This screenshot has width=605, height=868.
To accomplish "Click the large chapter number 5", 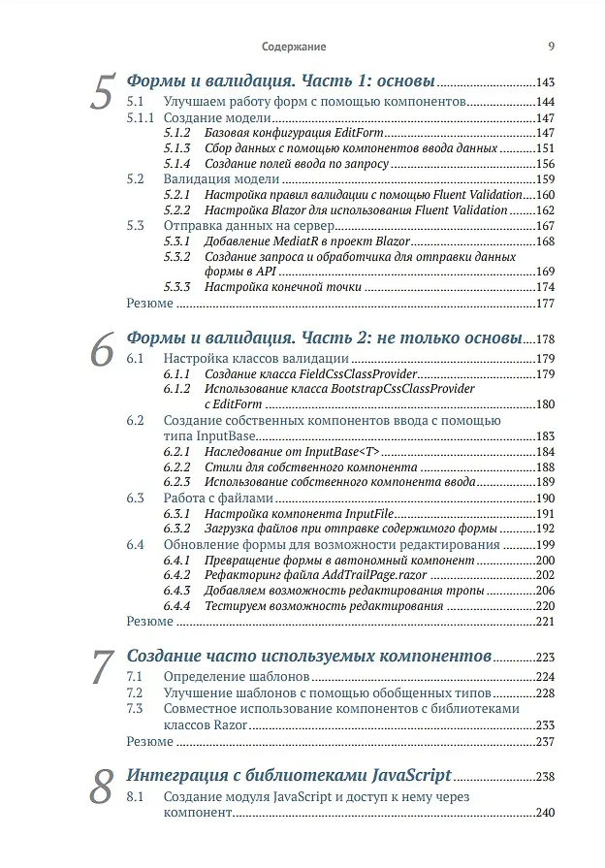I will tap(104, 92).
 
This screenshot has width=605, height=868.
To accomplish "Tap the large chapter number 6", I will tap(104, 350).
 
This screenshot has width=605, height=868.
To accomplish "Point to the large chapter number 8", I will tap(104, 788).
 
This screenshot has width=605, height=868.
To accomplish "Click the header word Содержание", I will tap(294, 46).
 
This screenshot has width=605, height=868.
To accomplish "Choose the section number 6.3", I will tap(136, 498).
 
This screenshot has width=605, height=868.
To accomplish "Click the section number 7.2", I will tap(136, 692).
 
